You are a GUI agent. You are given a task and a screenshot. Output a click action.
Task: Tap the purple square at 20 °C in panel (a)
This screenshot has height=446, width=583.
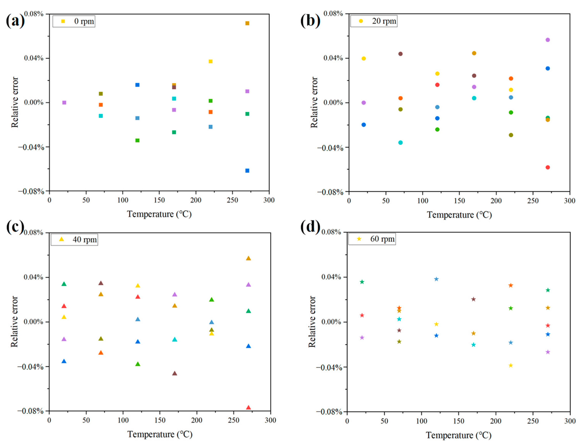pos(64,102)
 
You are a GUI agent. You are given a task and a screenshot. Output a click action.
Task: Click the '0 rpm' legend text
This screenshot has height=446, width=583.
pos(84,21)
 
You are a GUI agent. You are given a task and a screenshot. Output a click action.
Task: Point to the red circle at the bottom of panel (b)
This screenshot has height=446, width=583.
pos(547,167)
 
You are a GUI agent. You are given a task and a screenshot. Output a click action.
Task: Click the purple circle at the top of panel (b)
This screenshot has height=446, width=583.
pos(547,40)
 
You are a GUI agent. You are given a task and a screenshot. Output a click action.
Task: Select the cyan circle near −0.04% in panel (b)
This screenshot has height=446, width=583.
pos(400,143)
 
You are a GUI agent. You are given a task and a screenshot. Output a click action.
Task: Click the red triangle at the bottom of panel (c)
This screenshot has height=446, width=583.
pos(248,407)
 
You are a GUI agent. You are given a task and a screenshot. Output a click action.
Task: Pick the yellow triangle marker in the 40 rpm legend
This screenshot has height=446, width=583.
pos(61,239)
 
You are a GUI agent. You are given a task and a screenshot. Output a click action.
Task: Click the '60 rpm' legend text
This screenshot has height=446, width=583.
pos(382,239)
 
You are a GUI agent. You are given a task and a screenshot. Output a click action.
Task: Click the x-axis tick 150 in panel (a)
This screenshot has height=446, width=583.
pos(159,200)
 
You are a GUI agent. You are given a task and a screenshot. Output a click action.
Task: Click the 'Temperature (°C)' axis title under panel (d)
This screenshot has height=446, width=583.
pos(458,435)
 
